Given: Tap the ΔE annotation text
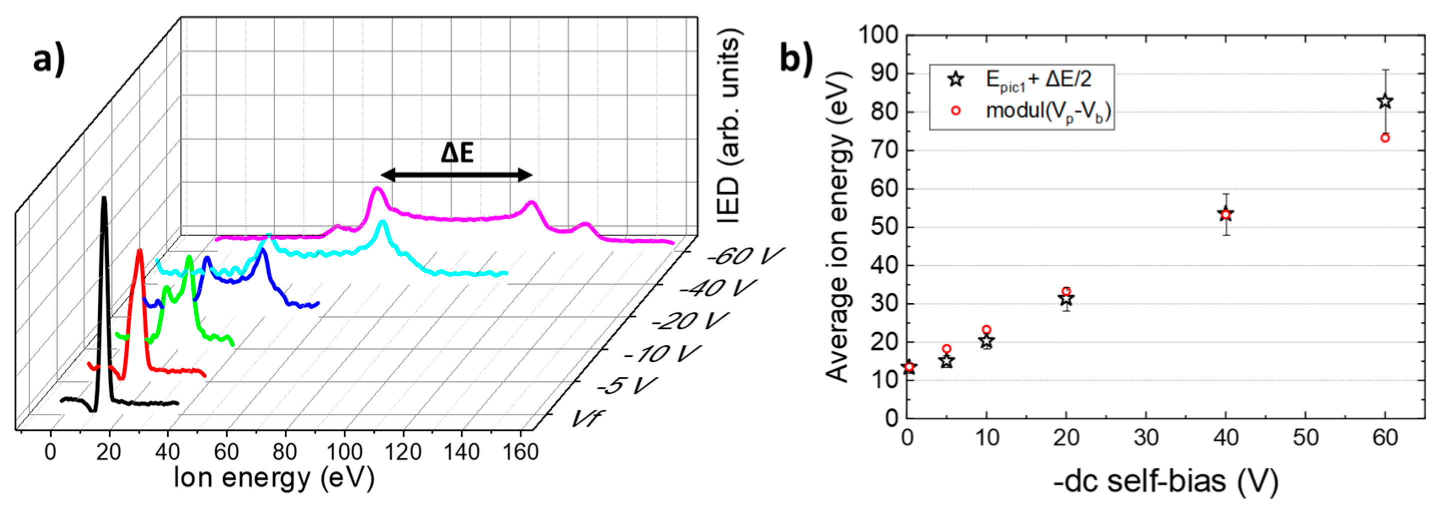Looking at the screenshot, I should point(457,152).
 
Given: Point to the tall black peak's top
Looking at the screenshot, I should point(103,198).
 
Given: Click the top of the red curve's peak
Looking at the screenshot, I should point(140,252).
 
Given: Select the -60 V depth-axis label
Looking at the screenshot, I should point(745,256).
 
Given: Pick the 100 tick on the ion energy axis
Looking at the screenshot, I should point(345,452).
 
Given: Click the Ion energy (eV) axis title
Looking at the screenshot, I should point(274,478).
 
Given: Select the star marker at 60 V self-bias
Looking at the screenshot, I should point(1384,102).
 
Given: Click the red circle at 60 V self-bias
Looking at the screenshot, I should point(1384,138).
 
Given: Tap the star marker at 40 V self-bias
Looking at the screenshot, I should point(1225,213).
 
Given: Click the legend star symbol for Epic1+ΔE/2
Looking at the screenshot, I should point(956,79).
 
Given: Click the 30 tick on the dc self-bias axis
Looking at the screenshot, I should point(1146,437).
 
